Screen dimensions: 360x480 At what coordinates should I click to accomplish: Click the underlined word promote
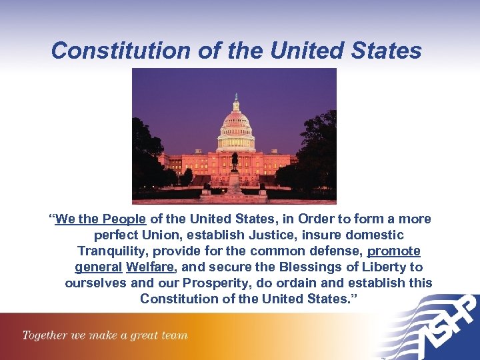pyautogui.click(x=394, y=251)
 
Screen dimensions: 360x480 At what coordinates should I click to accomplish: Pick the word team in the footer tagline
pyautogui.click(x=175, y=335)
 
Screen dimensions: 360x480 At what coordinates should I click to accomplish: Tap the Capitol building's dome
pyautogui.click(x=235, y=123)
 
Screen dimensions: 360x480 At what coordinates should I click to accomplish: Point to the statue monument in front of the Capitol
pyautogui.click(x=235, y=167)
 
